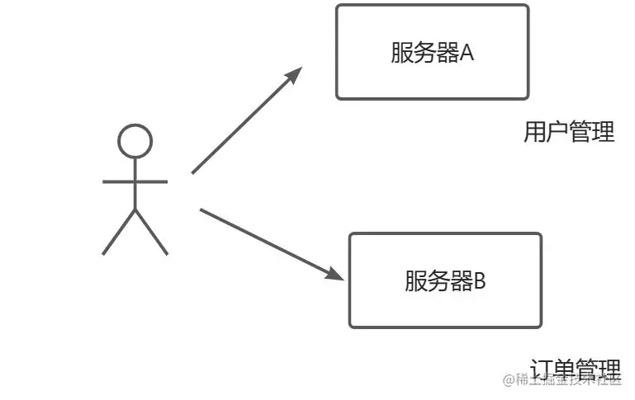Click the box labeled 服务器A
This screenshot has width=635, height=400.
coord(432,52)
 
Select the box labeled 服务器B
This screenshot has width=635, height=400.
coord(445,280)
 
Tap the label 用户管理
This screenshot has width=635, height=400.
coord(569,132)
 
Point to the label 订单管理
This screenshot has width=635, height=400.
coord(576,368)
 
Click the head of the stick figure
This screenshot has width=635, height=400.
coord(135,141)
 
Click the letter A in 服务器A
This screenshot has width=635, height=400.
coord(467,54)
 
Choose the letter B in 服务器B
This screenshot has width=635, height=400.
coord(479,281)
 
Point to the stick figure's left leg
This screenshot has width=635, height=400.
coord(119,232)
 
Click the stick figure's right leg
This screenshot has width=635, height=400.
coord(151,232)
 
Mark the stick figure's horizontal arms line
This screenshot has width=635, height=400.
coord(135,181)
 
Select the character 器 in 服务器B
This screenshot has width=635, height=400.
coord(461,281)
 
